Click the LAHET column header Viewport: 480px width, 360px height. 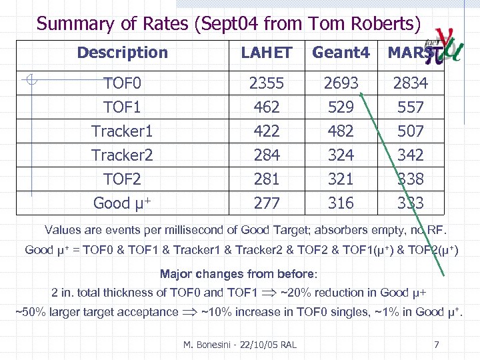pyautogui.click(x=266, y=53)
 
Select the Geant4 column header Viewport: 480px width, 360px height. pyautogui.click(x=341, y=53)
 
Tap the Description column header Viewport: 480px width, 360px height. pyautogui.click(x=122, y=52)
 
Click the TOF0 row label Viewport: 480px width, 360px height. pyautogui.click(x=122, y=83)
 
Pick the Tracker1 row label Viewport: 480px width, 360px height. pyautogui.click(x=122, y=131)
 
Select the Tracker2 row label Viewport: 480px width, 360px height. pyautogui.click(x=122, y=155)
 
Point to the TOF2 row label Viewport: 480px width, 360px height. pyautogui.click(x=122, y=179)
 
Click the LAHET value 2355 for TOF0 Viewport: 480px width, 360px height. pyautogui.click(x=266, y=83)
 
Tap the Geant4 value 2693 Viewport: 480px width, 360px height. pyautogui.click(x=341, y=83)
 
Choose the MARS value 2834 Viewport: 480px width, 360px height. pyautogui.click(x=410, y=83)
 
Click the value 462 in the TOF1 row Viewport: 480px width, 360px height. pyautogui.click(x=266, y=107)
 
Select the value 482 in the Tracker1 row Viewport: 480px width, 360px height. pyautogui.click(x=341, y=131)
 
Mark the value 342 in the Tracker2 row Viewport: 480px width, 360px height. pyautogui.click(x=410, y=155)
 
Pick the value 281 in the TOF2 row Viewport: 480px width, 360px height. pyautogui.click(x=266, y=179)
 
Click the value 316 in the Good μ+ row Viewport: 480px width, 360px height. pyautogui.click(x=341, y=203)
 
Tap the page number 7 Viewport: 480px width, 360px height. pyautogui.click(x=436, y=344)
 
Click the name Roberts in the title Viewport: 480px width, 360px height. pyautogui.click(x=387, y=24)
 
